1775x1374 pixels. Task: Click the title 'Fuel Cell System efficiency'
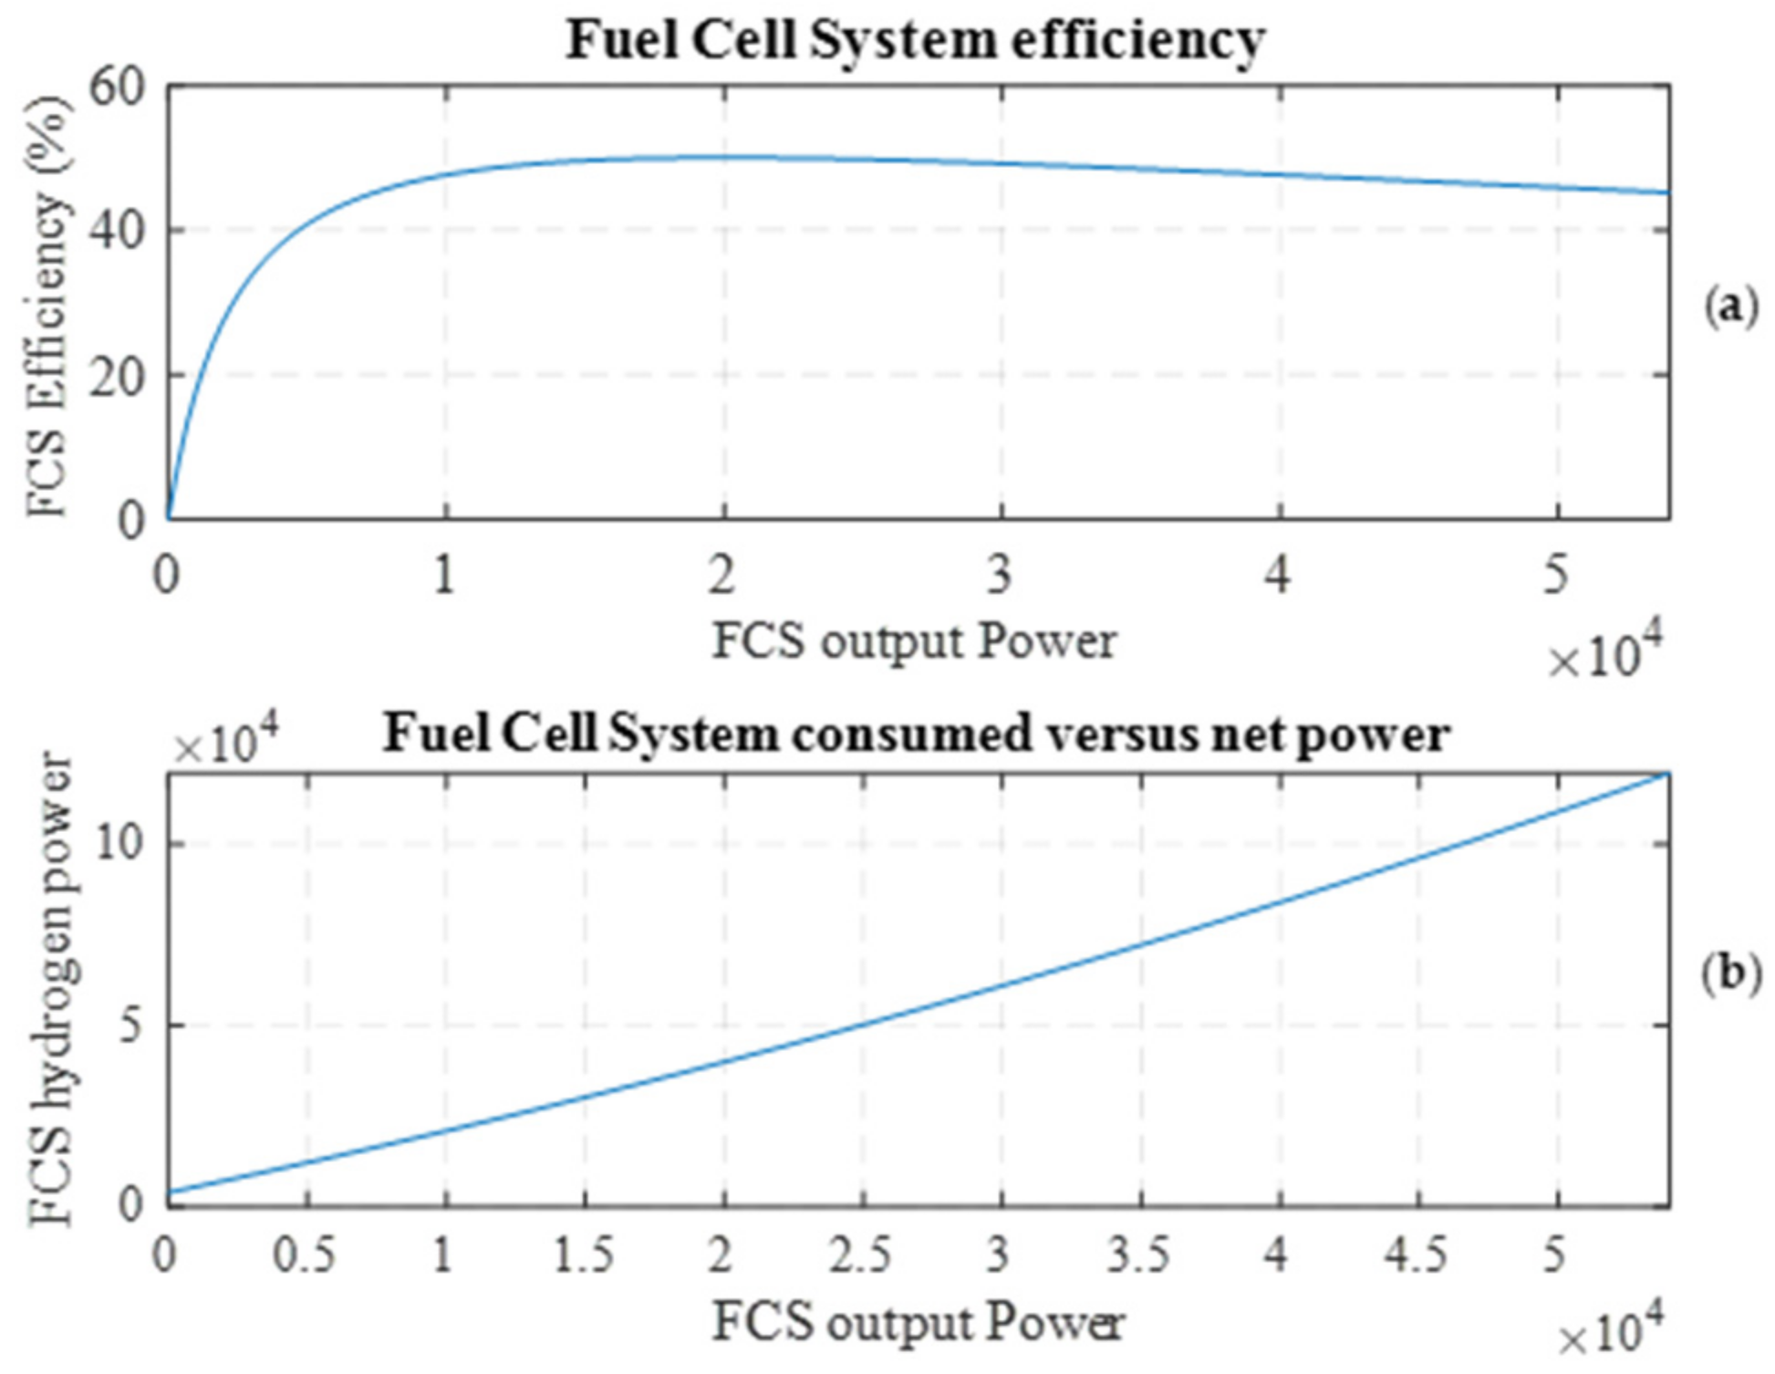click(916, 41)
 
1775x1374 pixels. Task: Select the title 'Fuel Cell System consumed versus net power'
click(916, 734)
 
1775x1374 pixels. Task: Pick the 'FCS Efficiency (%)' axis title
click(47, 305)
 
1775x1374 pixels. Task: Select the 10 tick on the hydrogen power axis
click(119, 843)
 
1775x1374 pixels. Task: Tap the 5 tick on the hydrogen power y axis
click(133, 1025)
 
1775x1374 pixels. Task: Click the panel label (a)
click(1730, 307)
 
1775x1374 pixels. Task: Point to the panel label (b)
click(1730, 973)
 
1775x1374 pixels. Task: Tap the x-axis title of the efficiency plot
click(914, 642)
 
